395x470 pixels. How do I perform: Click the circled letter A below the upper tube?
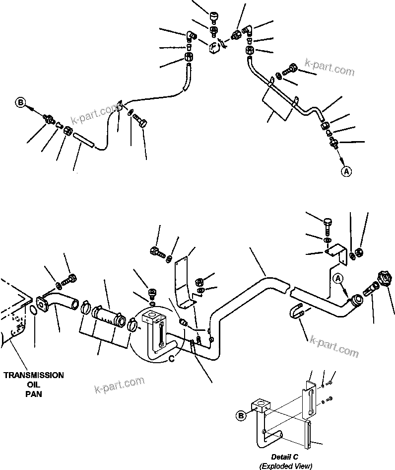346,171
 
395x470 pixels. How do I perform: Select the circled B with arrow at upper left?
20,103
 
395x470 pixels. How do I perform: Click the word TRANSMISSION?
33,376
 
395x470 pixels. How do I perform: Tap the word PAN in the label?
34,394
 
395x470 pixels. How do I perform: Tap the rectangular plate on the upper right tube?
277,105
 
